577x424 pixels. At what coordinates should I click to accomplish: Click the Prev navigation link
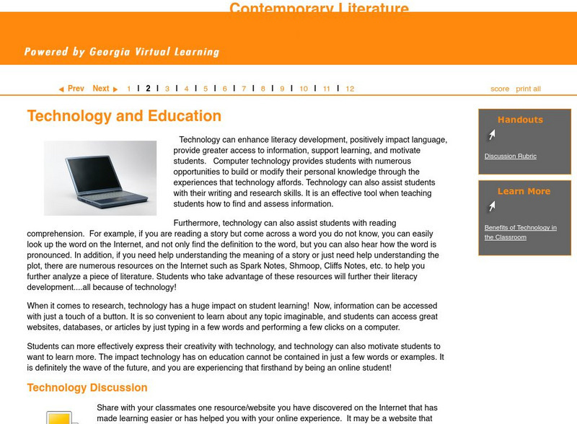click(x=72, y=89)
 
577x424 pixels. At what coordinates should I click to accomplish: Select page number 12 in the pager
click(x=350, y=89)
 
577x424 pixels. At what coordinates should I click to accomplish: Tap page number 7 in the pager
click(x=244, y=89)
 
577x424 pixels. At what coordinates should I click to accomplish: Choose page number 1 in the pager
click(x=129, y=89)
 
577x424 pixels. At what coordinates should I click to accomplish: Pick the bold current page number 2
click(x=148, y=89)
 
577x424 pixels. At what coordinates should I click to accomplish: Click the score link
click(x=500, y=89)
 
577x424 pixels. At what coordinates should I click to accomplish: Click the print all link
click(x=528, y=89)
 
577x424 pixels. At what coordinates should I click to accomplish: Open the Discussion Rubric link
click(x=511, y=156)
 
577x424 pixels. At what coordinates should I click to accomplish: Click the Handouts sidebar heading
click(x=520, y=120)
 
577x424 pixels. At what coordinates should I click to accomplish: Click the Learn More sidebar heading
click(x=524, y=191)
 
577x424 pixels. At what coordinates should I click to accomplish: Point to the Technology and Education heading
click(x=124, y=116)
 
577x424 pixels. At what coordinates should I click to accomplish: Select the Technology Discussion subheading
click(x=87, y=388)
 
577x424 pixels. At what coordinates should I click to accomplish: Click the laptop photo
click(x=100, y=178)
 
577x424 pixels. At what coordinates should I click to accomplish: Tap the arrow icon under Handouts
click(x=491, y=135)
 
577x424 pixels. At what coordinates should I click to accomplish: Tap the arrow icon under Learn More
click(x=491, y=207)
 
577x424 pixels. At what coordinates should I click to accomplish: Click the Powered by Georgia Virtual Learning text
click(x=121, y=52)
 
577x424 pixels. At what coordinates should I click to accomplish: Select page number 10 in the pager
click(x=304, y=89)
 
